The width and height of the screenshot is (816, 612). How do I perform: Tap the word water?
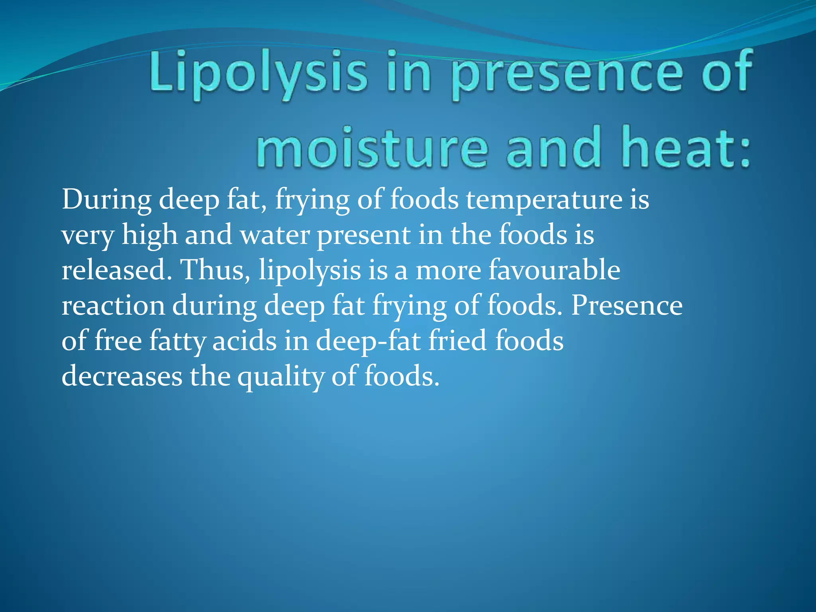pos(275,235)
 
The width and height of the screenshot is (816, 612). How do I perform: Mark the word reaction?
pos(113,306)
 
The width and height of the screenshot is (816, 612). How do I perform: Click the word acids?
pos(244,341)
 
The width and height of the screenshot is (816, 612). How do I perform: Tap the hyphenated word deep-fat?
pos(369,341)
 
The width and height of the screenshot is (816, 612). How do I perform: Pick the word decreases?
pos(122,377)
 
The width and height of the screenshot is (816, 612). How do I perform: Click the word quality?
pos(281,377)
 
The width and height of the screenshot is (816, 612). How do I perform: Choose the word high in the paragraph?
pos(150,235)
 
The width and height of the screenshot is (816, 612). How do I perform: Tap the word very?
pos(88,235)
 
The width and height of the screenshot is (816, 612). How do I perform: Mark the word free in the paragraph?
pos(118,341)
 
